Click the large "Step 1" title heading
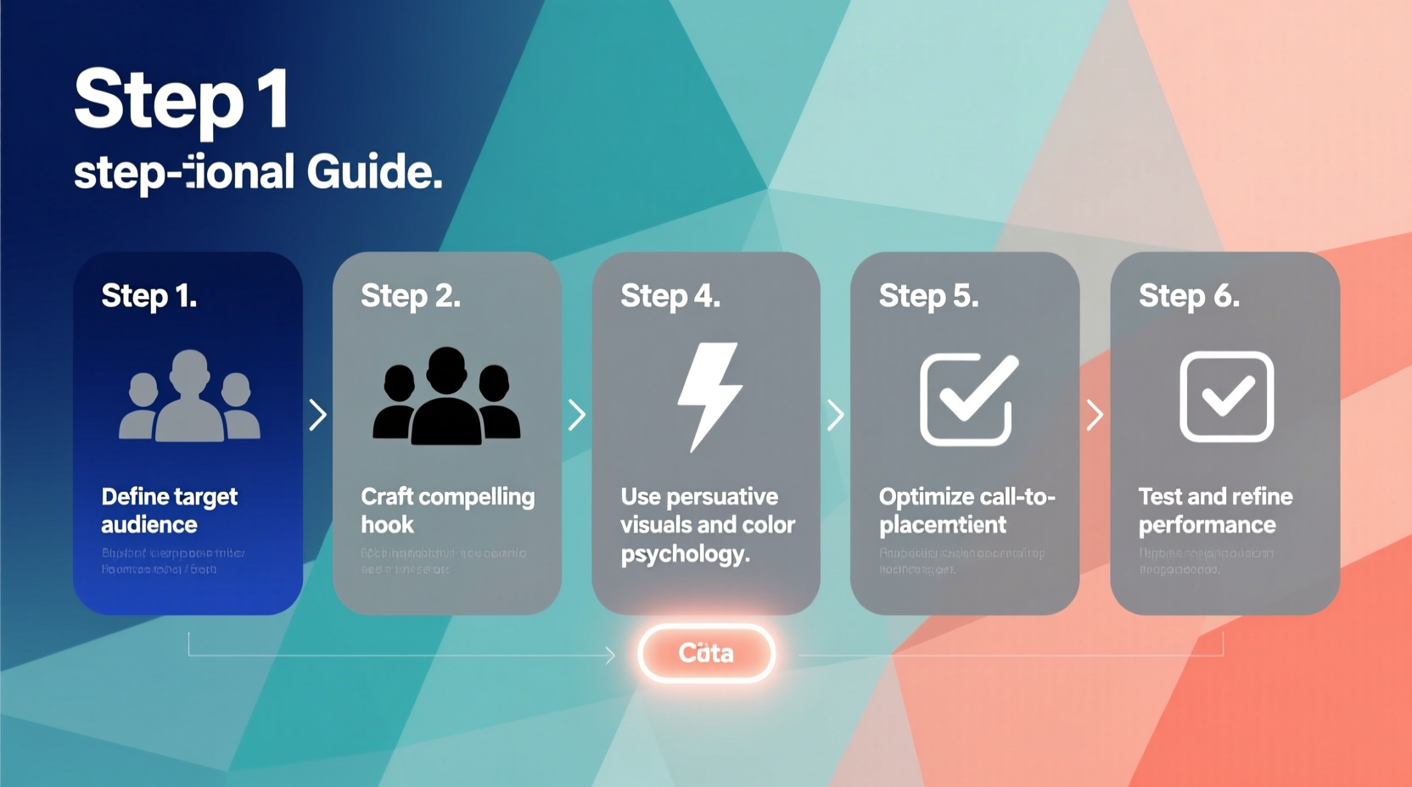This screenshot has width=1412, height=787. pos(182,100)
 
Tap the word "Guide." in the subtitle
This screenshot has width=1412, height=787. pos(374,172)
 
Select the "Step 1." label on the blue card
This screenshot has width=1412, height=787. pos(149,296)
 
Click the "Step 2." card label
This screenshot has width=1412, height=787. pos(411,296)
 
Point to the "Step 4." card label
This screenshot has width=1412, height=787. pos(670,296)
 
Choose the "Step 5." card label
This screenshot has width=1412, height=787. pos(928,296)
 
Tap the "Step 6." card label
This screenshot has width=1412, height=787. pos(1189,296)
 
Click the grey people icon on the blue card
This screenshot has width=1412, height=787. pos(189,396)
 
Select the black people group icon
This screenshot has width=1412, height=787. pos(446,396)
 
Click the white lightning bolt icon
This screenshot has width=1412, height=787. pos(709,396)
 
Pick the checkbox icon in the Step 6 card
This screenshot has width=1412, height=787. pos(1226,396)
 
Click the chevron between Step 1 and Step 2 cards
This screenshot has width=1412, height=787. pos(318,415)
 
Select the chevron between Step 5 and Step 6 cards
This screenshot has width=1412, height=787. pos(1095,415)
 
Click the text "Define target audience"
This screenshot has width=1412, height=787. pos(169,510)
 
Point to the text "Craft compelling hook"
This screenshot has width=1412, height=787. pos(447,510)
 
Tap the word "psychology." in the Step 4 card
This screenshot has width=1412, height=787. pos(685,554)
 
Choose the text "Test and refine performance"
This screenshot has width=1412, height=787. pos(1215,510)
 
